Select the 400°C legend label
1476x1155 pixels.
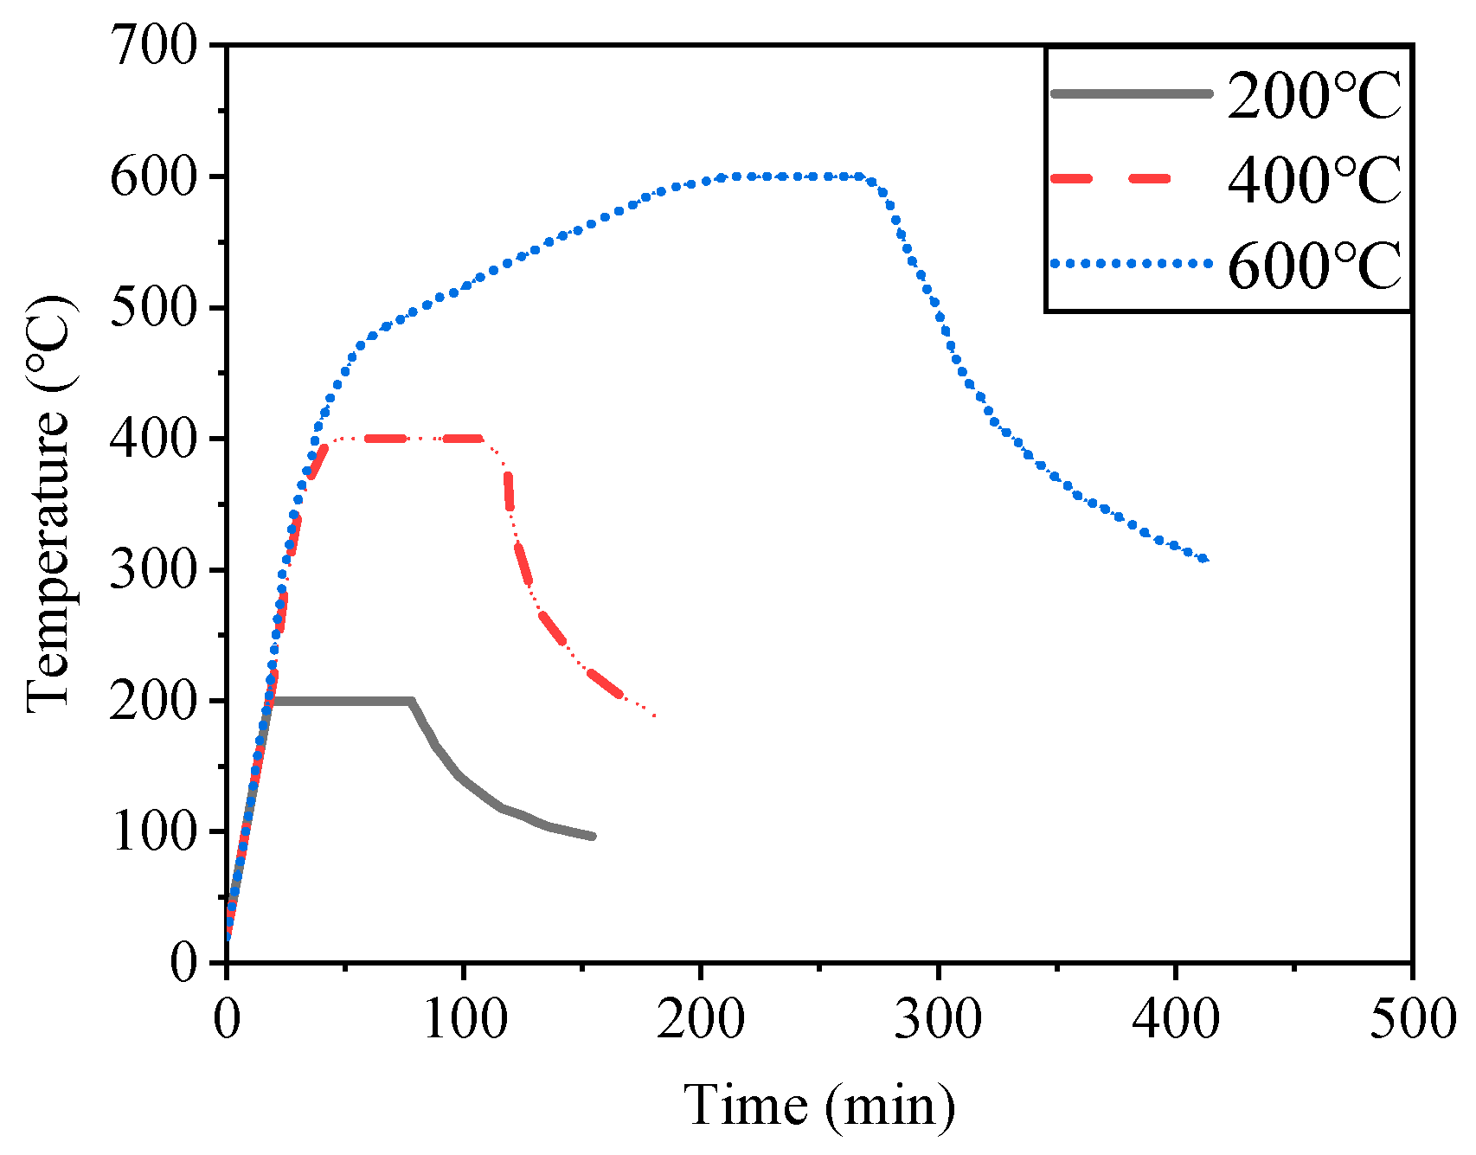tap(1313, 180)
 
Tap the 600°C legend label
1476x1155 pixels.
tap(1313, 265)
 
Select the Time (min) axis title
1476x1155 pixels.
tap(819, 1105)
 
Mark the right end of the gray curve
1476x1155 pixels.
tap(594, 836)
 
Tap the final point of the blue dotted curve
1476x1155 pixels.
tap(1204, 560)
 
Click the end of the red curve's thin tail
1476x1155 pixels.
tap(656, 716)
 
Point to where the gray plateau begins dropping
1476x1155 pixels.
tap(412, 701)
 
